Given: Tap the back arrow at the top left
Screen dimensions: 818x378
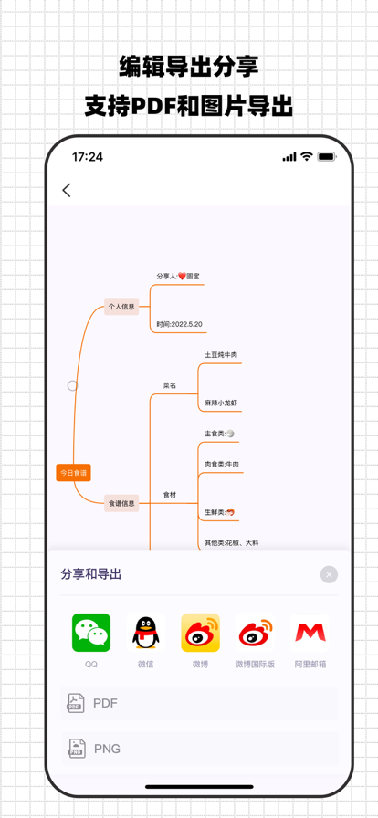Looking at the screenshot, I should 67,190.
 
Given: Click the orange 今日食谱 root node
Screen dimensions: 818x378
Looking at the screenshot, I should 73,473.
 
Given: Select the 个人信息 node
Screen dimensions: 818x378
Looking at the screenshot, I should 121,307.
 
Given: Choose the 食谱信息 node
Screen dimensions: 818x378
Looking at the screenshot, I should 121,503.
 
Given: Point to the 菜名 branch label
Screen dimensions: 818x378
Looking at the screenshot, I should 170,385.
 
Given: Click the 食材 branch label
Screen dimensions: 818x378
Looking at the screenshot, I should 170,495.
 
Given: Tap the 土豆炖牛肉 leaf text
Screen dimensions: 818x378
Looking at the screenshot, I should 221,354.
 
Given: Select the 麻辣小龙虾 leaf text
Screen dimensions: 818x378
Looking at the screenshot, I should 221,403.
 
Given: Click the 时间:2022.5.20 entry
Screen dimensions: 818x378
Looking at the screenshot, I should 179,324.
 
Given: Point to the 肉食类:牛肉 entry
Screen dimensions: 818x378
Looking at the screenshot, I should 222,464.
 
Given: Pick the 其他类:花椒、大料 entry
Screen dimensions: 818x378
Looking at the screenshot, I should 231,543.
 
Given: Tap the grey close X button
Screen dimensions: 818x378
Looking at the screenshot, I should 329,574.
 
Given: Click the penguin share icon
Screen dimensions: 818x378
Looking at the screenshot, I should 146,633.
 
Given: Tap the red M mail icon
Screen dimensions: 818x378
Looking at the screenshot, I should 311,633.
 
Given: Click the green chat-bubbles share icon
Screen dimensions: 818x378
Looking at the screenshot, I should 91,633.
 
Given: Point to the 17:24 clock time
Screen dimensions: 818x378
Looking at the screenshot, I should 88,157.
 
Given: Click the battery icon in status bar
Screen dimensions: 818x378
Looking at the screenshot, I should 326,157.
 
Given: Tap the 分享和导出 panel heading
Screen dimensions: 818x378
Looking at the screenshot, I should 91,574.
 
